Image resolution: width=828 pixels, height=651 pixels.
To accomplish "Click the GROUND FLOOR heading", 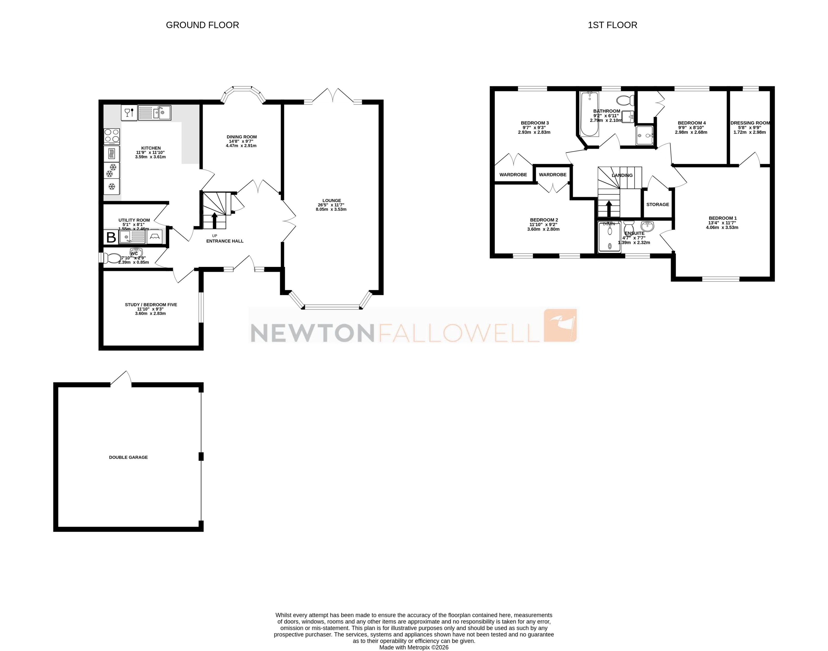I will (202, 25).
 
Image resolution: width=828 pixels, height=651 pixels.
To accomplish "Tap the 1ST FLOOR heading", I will (612, 25).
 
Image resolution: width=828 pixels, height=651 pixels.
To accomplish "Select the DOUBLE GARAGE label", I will (128, 457).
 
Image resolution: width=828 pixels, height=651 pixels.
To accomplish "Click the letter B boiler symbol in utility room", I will (111, 237).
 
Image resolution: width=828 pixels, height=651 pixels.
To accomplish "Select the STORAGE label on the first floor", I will (658, 205).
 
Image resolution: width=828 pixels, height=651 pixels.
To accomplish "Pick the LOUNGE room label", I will (331, 200).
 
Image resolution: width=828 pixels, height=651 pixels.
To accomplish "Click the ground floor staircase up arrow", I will (215, 220).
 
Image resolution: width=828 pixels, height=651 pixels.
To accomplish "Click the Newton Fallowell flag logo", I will (560, 326).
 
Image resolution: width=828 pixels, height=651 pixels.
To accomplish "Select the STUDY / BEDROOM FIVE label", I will (151, 305).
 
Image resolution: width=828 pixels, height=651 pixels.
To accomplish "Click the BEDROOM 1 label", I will (722, 218).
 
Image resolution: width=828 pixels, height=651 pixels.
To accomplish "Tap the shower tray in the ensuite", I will (609, 237).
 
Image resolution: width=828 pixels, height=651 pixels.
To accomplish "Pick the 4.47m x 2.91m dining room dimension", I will (241, 146).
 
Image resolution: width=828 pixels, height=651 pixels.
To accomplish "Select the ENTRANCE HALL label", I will (225, 241).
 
